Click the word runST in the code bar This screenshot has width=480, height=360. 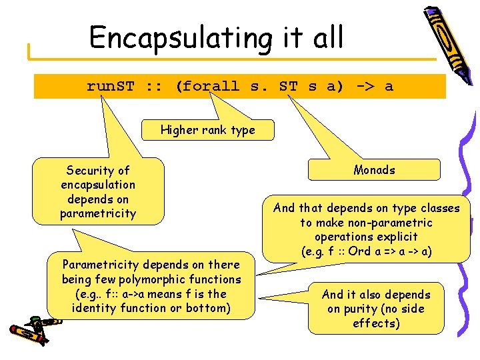click(110, 86)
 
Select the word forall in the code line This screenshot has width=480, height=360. click(209, 86)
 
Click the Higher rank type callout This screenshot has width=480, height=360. click(207, 130)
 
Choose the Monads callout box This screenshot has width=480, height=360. click(374, 170)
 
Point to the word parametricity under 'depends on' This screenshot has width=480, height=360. click(97, 213)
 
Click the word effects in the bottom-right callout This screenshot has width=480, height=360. click(376, 323)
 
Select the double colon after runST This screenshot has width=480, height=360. click(154, 86)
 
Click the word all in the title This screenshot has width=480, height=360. click(325, 37)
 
